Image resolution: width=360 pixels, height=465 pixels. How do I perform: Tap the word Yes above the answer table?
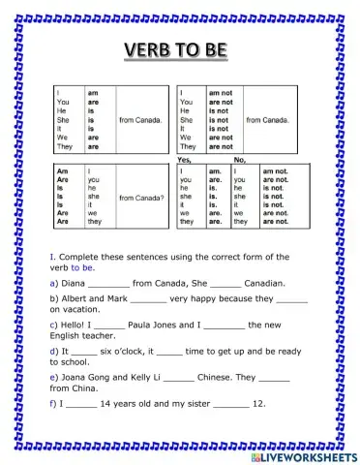(186, 159)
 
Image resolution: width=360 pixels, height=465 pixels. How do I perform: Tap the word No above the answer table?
(240, 159)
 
